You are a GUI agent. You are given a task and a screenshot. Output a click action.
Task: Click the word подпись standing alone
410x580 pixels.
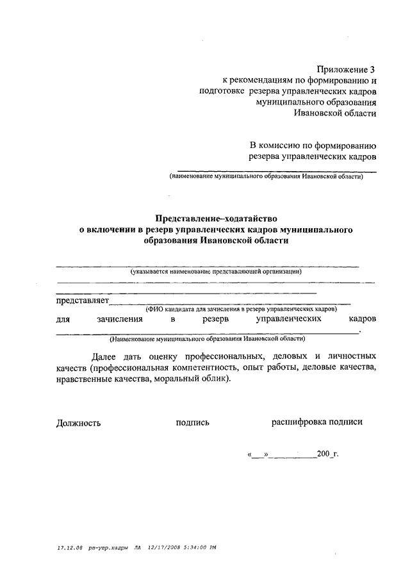[x=192, y=423]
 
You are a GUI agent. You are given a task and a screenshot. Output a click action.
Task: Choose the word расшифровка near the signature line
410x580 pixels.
[x=299, y=422]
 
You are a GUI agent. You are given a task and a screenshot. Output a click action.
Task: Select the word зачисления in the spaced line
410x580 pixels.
[x=120, y=319]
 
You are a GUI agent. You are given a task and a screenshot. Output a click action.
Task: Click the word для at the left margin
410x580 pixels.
[x=63, y=319]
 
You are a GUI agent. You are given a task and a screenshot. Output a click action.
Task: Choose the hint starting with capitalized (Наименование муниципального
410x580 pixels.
[x=207, y=338]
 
